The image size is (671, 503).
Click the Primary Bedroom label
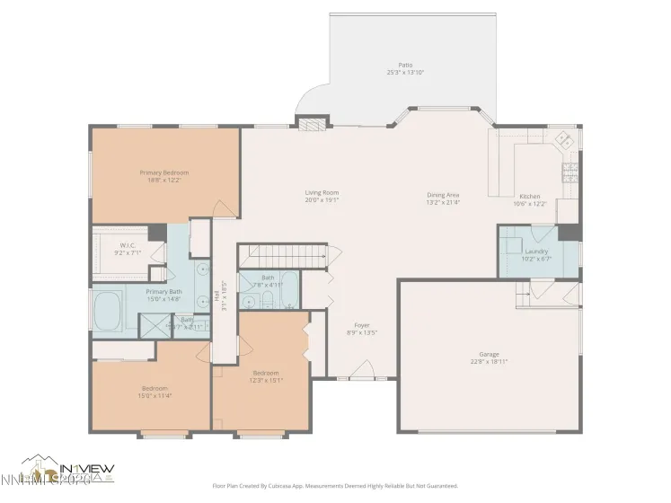163,172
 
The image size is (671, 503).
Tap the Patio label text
406,66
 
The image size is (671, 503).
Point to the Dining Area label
443,195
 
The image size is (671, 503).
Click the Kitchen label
529,196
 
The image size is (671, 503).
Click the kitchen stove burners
569,174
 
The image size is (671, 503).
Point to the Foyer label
361,325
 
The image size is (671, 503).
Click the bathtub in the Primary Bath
110,309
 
